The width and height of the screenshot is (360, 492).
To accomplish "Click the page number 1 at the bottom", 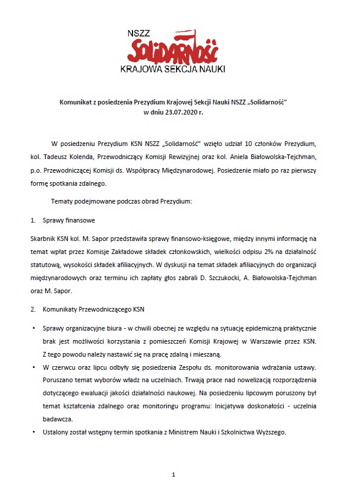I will [x=173, y=475].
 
